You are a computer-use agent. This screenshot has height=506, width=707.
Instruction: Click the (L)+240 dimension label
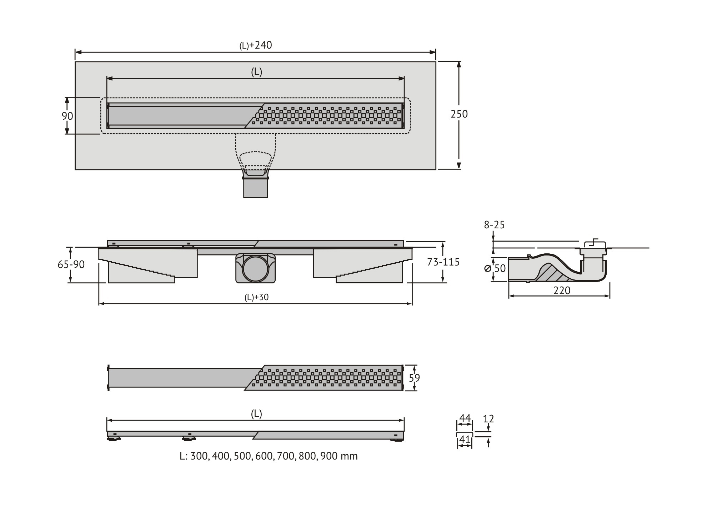256,45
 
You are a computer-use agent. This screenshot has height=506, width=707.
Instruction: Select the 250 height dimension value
459,114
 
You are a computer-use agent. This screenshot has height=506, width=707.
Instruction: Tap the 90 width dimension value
67,116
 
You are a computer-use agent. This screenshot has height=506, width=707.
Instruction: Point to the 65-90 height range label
71,264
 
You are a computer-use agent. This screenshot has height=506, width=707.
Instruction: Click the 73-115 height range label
443,262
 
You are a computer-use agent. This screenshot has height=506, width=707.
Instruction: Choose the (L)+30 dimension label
256,297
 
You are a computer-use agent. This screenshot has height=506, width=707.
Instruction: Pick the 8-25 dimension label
494,225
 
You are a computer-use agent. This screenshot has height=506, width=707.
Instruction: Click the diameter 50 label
496,268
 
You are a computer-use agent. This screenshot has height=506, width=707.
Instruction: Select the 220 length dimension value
562,291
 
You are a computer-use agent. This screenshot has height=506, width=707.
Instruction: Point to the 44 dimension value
465,418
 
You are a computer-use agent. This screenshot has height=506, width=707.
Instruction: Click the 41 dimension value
465,439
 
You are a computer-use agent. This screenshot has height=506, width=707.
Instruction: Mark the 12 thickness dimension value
488,419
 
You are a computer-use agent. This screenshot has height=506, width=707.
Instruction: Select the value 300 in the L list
199,456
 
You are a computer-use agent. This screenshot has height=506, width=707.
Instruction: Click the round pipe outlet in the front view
255,268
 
